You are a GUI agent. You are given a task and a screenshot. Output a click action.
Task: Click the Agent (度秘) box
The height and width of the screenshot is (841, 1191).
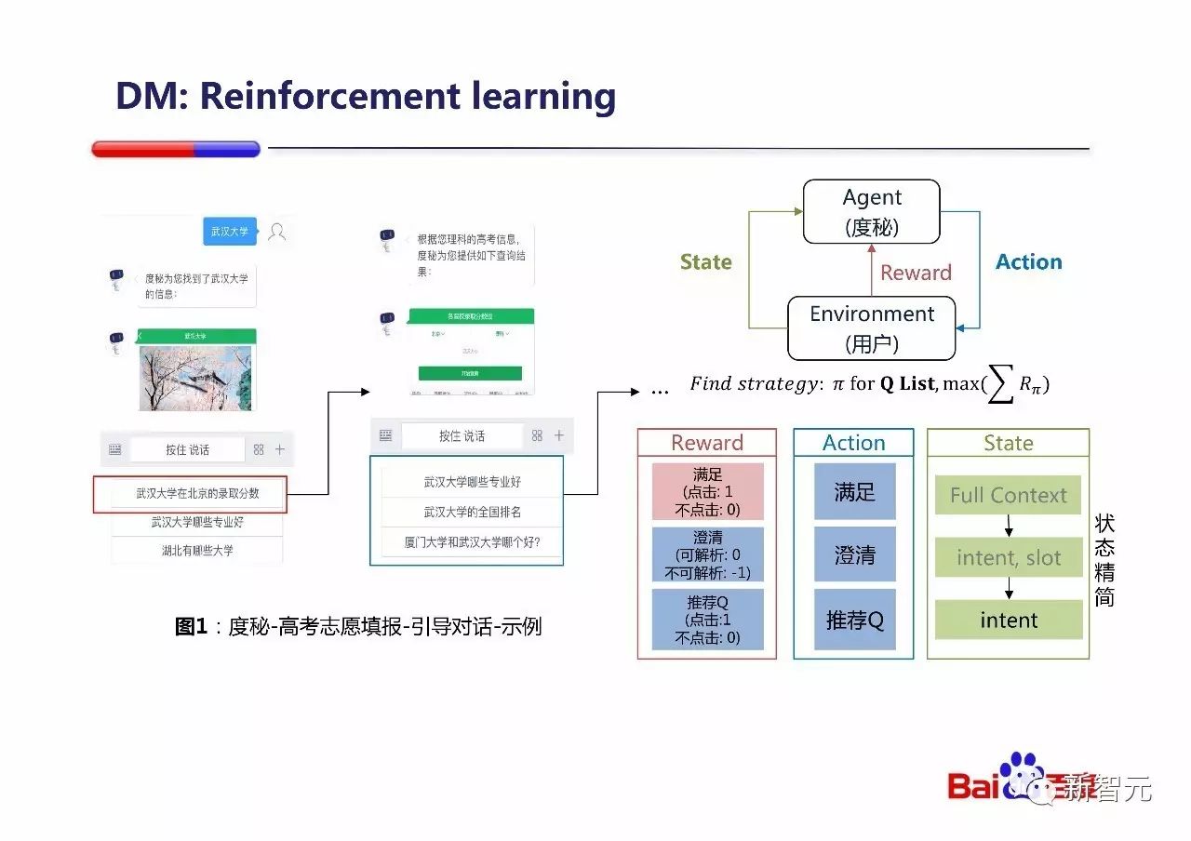[871, 211]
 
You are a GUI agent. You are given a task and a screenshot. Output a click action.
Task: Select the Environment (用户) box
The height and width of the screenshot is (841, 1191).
[871, 327]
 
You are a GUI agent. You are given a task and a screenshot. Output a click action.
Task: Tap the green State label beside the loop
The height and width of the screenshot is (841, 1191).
[705, 262]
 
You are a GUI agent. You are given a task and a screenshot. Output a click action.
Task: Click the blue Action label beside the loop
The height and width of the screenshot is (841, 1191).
[1028, 262]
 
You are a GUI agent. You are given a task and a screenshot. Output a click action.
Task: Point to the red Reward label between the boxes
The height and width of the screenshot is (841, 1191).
[916, 273]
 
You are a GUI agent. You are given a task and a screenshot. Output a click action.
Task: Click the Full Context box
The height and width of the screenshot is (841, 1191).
[1008, 496]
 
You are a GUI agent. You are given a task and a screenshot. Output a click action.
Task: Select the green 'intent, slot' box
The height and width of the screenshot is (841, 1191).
[1008, 557]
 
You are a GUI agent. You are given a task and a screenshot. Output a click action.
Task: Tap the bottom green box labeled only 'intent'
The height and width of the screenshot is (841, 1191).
[1008, 620]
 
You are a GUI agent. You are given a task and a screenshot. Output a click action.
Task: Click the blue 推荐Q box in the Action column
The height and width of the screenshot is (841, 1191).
[854, 620]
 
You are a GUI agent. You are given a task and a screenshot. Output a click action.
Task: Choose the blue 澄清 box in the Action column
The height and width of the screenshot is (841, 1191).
[854, 555]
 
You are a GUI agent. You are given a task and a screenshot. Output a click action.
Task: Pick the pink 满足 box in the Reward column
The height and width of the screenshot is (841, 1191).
[707, 491]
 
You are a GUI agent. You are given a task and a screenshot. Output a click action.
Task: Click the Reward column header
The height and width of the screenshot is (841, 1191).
[706, 443]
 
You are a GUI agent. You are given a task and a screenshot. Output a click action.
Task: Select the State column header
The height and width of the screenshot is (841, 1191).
[1008, 443]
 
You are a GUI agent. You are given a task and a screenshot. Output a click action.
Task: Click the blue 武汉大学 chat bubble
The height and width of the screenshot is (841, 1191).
[229, 231]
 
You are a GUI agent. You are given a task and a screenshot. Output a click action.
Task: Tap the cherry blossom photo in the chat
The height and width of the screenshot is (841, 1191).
[195, 378]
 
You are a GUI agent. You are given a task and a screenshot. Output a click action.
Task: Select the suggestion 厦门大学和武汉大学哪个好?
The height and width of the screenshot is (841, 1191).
[471, 541]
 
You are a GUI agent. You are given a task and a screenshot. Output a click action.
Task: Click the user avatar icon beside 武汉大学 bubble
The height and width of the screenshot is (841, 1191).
[276, 232]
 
